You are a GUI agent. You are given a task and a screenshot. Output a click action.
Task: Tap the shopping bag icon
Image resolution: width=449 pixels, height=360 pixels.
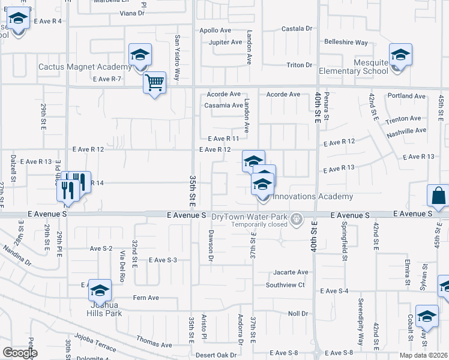[x=438, y=196]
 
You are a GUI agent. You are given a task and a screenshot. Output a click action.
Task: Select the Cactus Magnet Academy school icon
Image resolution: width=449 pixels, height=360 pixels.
[x=140, y=56]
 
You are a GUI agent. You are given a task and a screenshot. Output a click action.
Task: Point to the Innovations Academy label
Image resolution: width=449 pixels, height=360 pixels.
[x=313, y=197]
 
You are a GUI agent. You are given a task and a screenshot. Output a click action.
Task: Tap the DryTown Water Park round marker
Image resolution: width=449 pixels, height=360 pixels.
[x=295, y=220]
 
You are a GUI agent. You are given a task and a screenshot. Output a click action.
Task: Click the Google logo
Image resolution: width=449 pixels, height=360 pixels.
[x=20, y=352]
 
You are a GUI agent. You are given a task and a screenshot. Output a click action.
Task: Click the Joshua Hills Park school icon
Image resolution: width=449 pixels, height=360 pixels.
[x=100, y=292]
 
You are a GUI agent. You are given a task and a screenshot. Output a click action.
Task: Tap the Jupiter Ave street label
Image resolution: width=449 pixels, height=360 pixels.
[x=225, y=42]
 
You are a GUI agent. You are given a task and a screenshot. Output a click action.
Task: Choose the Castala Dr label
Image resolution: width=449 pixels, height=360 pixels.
[x=298, y=28]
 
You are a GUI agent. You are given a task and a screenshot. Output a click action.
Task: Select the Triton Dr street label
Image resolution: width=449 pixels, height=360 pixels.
[x=300, y=65]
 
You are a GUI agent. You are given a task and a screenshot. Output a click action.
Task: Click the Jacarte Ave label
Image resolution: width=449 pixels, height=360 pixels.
[x=291, y=272]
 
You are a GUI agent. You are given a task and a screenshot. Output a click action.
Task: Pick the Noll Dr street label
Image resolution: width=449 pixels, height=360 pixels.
[x=298, y=314]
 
